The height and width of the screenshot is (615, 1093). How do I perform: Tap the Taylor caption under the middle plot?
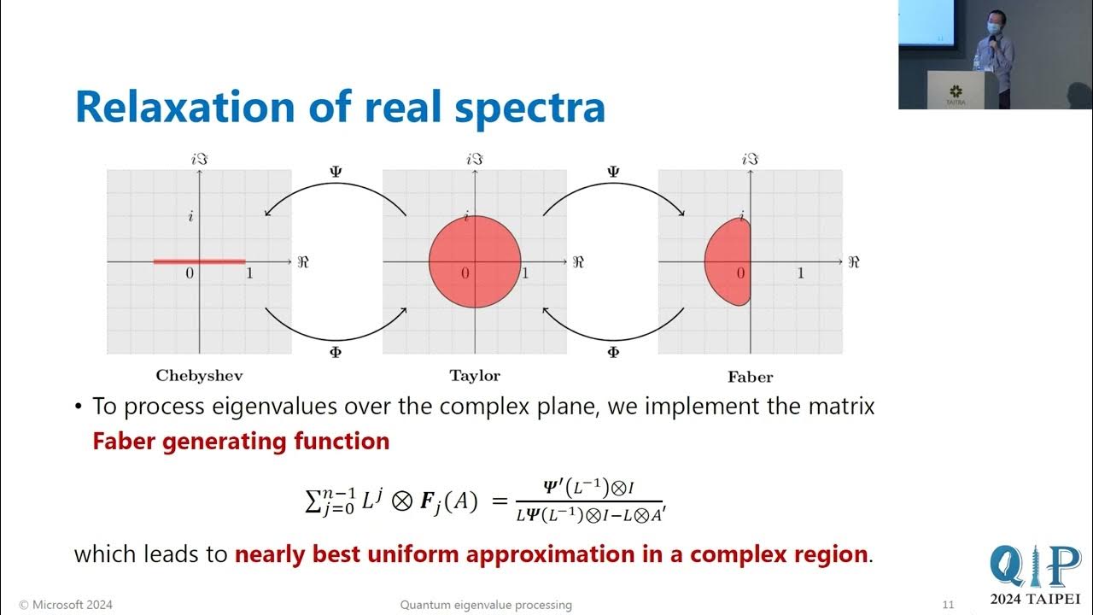pyautogui.click(x=475, y=375)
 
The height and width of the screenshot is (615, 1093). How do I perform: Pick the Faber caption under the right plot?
pyautogui.click(x=750, y=376)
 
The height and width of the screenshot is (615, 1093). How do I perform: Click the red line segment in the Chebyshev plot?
pyautogui.click(x=199, y=261)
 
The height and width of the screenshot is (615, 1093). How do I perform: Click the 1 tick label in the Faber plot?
pyautogui.click(x=800, y=273)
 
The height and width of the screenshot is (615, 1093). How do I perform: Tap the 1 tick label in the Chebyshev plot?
pyautogui.click(x=248, y=273)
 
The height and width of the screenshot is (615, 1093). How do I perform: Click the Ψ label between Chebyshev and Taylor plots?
pyautogui.click(x=335, y=172)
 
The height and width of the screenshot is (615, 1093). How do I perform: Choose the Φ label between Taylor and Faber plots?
pyautogui.click(x=612, y=352)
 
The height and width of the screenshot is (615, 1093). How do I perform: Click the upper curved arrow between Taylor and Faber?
pyautogui.click(x=612, y=195)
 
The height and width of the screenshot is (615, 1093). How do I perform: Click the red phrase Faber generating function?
pyautogui.click(x=241, y=441)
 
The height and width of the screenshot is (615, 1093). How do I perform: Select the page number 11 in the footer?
pyautogui.click(x=948, y=605)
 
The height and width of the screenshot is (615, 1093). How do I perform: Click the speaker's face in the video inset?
pyautogui.click(x=993, y=25)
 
